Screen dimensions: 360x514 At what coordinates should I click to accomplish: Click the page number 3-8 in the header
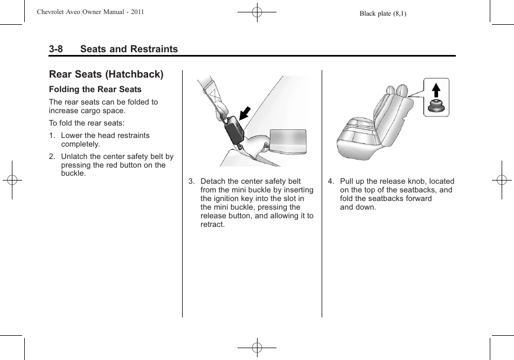[56, 49]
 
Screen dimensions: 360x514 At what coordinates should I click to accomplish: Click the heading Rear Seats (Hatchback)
[106, 74]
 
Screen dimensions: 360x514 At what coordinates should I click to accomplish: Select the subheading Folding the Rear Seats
[95, 89]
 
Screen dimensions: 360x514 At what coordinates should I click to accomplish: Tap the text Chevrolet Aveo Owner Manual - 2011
[91, 11]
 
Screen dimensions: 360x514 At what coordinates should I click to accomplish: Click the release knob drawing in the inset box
[436, 106]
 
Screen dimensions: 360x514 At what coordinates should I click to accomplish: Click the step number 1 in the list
[51, 136]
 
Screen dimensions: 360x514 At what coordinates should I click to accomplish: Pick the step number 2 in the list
[51, 157]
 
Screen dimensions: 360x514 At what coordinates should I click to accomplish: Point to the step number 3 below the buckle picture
[191, 182]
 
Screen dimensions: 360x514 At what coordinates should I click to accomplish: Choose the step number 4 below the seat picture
[330, 182]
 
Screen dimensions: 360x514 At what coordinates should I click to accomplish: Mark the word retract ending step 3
[212, 225]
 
